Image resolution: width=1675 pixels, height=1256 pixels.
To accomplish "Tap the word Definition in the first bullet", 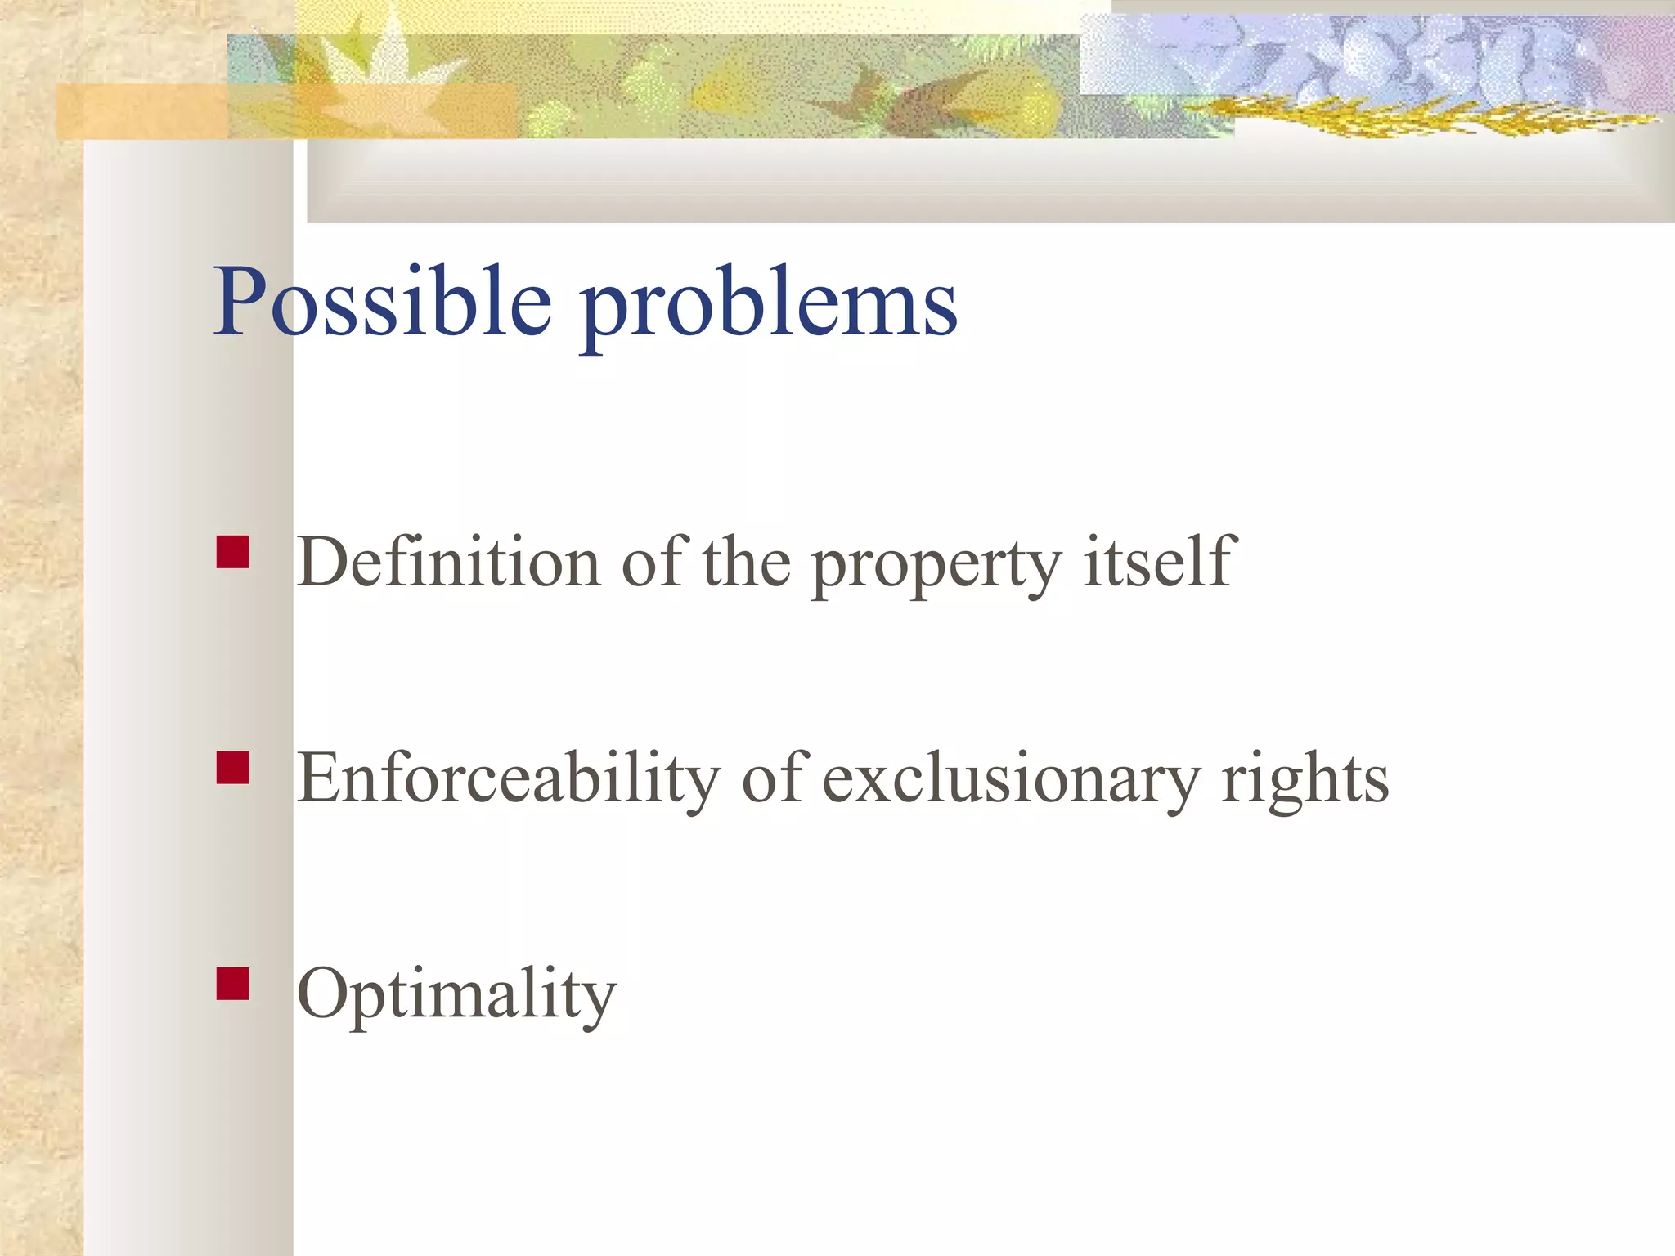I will (448, 563).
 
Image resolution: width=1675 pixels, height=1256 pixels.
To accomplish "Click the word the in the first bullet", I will (746, 563).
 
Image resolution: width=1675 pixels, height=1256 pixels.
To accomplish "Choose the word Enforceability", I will (507, 778).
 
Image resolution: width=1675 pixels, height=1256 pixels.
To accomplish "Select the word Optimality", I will (456, 994).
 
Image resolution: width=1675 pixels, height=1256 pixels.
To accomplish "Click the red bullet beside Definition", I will (233, 552).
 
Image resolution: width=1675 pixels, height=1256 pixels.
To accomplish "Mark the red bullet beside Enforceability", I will (233, 768).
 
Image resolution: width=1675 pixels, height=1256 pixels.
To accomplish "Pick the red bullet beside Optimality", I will (233, 984).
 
